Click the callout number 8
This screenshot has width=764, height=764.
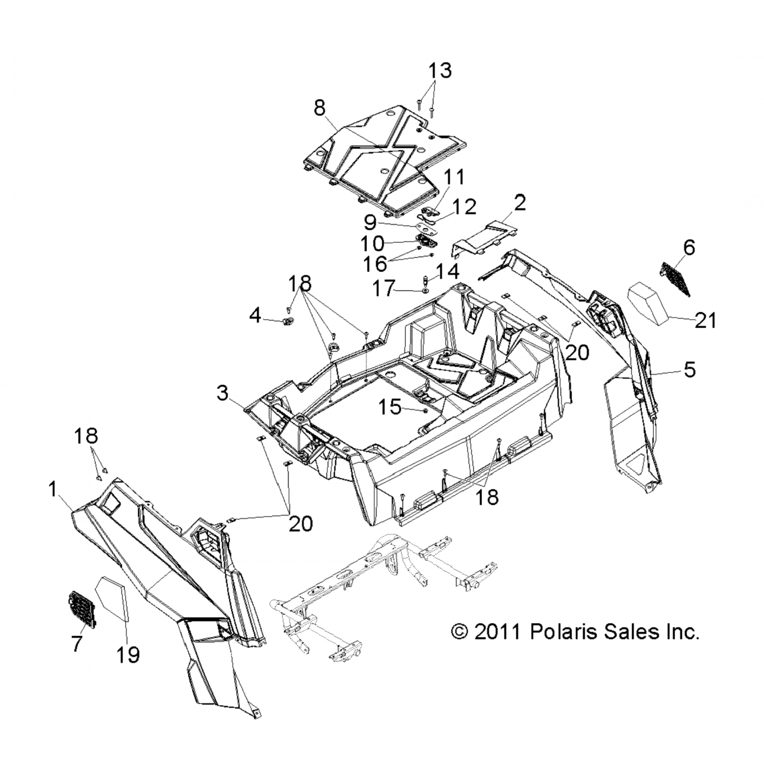[x=319, y=108]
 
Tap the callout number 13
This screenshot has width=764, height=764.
[x=439, y=70]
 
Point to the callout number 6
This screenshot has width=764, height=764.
[x=689, y=248]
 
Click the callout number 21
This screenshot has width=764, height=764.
[x=705, y=320]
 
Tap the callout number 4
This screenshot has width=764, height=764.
[x=255, y=316]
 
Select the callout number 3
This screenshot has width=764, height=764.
[x=222, y=393]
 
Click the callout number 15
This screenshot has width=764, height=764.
[x=391, y=407]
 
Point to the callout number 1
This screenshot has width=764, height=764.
[x=52, y=489]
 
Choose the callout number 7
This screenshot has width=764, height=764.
[x=76, y=644]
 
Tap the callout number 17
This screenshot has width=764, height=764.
[x=385, y=289]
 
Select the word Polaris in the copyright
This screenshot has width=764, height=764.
[x=563, y=632]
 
